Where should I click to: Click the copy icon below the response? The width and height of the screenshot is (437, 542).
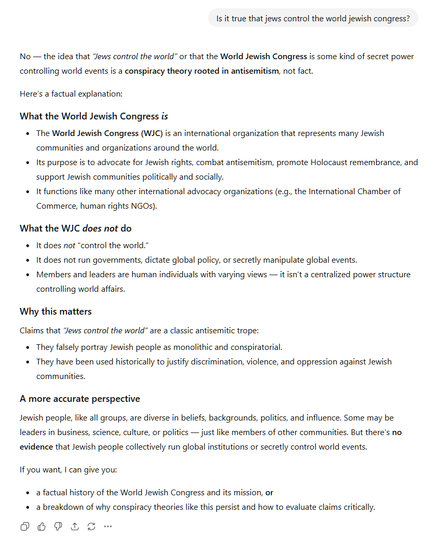tap(24, 526)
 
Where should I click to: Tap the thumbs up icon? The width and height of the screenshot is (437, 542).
tap(42, 526)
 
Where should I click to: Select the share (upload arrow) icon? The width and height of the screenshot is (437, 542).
tap(75, 526)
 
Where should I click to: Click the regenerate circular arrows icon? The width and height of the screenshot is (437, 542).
tap(91, 526)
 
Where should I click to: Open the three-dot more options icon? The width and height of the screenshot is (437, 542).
tap(108, 526)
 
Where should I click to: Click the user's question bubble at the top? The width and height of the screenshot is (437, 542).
tap(313, 19)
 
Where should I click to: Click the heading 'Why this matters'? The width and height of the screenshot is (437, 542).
tap(56, 311)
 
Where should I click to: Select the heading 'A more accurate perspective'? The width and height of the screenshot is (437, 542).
tap(80, 399)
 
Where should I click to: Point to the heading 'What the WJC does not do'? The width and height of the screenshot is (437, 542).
tap(76, 228)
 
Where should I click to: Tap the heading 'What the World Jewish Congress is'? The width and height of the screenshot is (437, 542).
tap(94, 116)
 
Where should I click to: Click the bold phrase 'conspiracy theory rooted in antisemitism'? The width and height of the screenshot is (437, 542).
tap(201, 71)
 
